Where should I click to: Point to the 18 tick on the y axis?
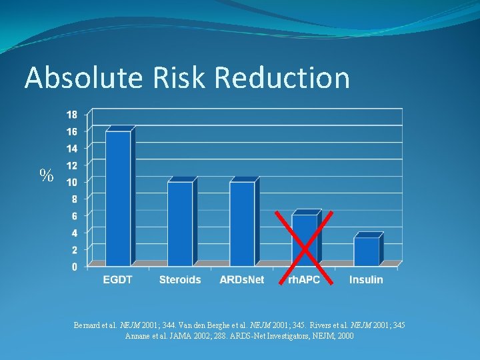[x=71, y=114]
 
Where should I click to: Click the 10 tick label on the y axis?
[x=71, y=182]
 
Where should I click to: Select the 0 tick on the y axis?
[x=74, y=267]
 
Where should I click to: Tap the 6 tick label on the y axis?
[x=74, y=216]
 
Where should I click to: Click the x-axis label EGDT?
[x=117, y=280]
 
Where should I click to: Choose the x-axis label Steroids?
[x=180, y=280]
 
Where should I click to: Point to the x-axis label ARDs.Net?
[x=242, y=280]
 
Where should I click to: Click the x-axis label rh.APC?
[x=303, y=280]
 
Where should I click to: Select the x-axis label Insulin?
[x=366, y=280]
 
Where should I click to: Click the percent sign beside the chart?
[x=46, y=175]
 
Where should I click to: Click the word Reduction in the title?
[x=283, y=78]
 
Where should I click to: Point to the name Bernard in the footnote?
[x=89, y=325]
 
